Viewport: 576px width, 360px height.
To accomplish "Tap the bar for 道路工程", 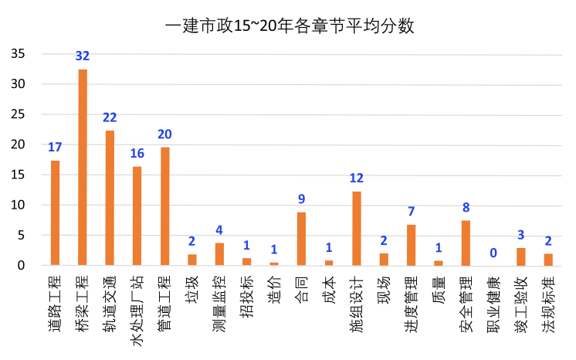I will point(55,212).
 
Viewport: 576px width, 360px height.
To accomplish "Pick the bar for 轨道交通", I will point(110,198).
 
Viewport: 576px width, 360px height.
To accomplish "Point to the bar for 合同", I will point(301,239).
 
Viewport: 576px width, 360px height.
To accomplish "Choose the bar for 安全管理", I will point(466,243).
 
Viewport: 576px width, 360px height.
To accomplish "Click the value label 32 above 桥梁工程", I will point(83,56).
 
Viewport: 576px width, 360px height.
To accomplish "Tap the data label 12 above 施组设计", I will point(357,178).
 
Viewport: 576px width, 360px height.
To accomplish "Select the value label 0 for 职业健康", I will point(493,253).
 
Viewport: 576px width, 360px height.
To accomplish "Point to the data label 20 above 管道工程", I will point(164,134).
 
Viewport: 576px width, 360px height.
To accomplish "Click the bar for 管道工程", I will point(164,206).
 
